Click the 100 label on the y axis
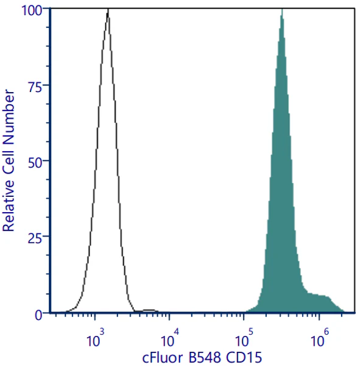coord(32,10)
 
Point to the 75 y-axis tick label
coord(35,87)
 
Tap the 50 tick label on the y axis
coord(35,163)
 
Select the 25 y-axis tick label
coord(35,239)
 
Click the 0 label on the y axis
coord(39,315)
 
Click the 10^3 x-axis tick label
coord(95,338)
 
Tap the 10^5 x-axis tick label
coord(244,338)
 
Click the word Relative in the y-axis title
coord(9,205)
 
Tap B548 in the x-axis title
coord(205,358)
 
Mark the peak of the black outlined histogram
coord(108,9)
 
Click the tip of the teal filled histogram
coord(282,9)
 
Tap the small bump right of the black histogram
coord(149,310)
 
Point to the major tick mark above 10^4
coord(169,316)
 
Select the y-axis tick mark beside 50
coord(46,160)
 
